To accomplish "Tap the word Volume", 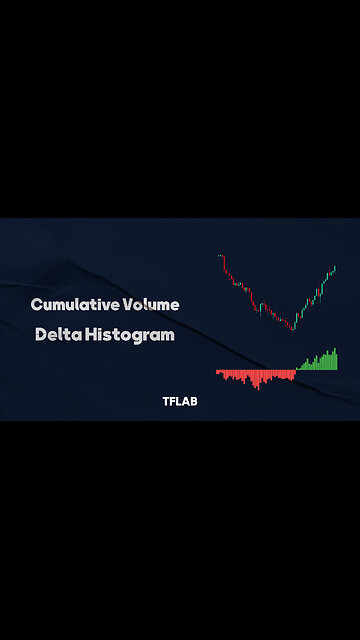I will click(153, 304).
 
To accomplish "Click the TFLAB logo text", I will click(180, 402).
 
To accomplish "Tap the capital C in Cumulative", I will click(36, 304).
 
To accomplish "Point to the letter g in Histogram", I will click(136, 338).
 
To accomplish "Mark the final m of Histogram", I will click(167, 336).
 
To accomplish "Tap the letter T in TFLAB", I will click(166, 402).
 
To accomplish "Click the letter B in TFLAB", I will click(194, 402).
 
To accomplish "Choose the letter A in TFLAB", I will click(186, 402).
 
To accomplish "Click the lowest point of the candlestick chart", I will click(294, 328).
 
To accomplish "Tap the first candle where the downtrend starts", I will click(220, 257).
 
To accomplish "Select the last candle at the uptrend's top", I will click(334, 267).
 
